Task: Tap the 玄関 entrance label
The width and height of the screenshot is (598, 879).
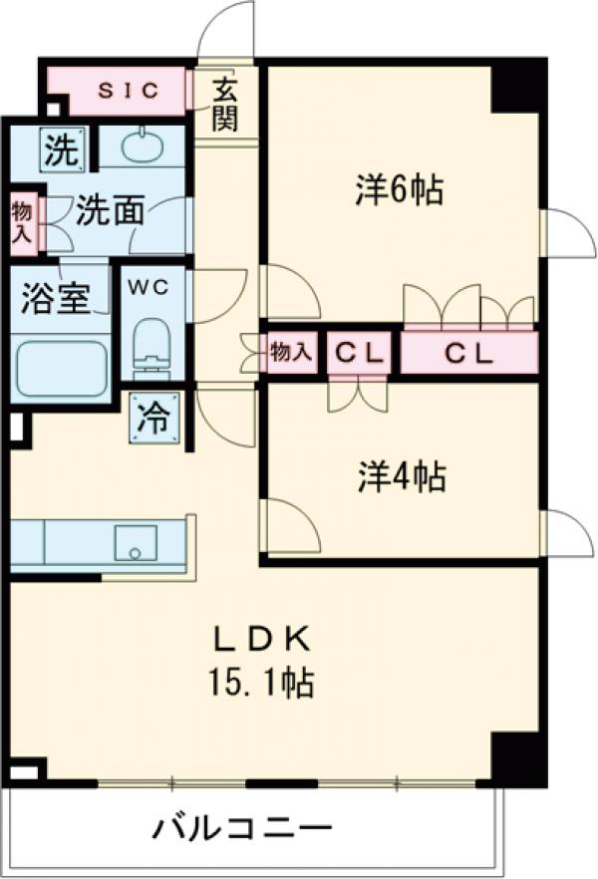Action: pos(224,105)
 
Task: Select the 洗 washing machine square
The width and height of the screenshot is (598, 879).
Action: pos(62,151)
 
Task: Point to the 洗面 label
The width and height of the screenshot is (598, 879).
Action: pos(111,211)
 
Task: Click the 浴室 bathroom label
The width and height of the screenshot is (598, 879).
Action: pos(57,298)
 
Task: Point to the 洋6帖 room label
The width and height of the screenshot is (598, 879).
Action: pos(399,189)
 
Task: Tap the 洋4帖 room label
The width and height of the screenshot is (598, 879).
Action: pos(402,478)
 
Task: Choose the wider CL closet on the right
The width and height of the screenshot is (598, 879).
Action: pos(467,353)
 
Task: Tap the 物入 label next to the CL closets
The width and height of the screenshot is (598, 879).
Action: pos(291,353)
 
